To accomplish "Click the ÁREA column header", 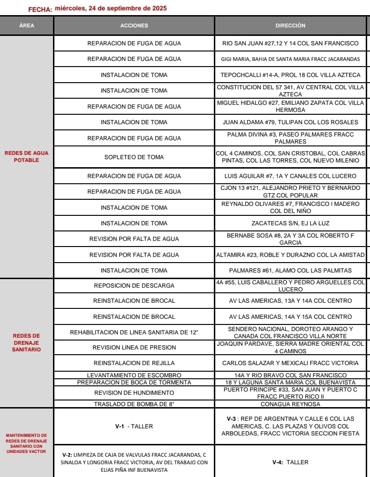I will click(x=26, y=26).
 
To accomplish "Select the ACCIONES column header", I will click(x=134, y=26).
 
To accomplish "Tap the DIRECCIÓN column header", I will click(x=291, y=26).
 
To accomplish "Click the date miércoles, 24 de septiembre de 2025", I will click(x=111, y=9).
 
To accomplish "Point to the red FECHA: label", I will click(x=40, y=9).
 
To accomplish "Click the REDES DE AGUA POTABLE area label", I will click(x=26, y=156).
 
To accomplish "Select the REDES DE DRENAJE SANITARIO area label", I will click(x=26, y=342).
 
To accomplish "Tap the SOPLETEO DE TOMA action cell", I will click(x=134, y=157).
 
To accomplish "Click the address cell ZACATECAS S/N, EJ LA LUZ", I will click(x=291, y=223).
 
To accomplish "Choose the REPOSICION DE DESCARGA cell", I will click(x=134, y=285).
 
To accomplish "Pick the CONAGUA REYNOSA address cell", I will click(x=291, y=404).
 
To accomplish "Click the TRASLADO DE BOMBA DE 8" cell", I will click(x=134, y=404).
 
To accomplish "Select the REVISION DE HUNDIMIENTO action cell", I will click(x=134, y=392).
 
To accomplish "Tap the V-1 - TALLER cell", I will click(x=134, y=426).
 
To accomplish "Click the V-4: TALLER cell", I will click(x=291, y=462).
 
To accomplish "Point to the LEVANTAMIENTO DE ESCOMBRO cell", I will click(x=134, y=375).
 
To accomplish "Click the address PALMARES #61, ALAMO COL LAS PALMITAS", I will click(x=291, y=270).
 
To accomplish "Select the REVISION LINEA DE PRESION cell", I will click(x=134, y=347).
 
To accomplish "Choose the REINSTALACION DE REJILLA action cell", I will click(x=134, y=363).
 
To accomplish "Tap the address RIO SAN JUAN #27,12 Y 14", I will click(x=291, y=43).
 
